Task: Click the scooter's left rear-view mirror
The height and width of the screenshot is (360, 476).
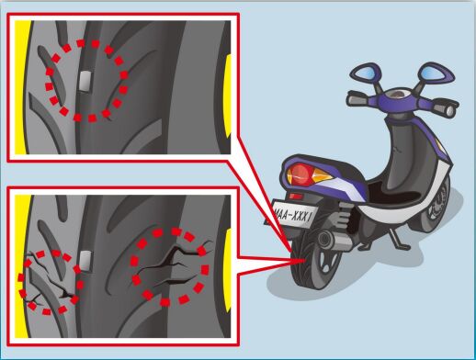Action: (x=366, y=74)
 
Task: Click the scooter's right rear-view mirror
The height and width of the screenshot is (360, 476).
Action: (x=436, y=73)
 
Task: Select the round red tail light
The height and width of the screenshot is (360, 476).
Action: (x=299, y=174)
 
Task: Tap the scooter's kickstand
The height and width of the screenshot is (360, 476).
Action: (x=398, y=240)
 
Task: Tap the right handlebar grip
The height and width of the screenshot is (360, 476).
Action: (x=448, y=109)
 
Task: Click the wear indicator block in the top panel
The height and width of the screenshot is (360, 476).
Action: (x=85, y=81)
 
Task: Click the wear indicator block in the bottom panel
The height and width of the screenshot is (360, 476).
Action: (x=85, y=261)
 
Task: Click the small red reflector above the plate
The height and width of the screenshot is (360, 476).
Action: (x=295, y=196)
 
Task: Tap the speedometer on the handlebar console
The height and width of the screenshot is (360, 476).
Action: (x=399, y=94)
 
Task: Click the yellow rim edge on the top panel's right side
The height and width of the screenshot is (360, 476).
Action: (x=228, y=96)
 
